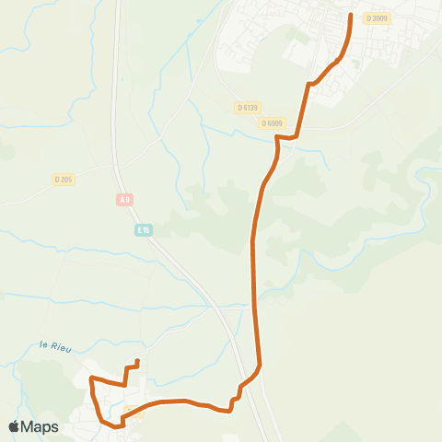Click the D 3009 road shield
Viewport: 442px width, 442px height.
point(377,17)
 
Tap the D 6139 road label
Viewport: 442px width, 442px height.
point(247,108)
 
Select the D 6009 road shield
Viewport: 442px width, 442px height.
point(272,122)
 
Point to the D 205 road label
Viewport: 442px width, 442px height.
point(64,180)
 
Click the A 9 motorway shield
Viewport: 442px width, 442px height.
point(124,198)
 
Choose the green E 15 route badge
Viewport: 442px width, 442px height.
point(143,229)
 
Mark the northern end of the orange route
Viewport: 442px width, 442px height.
point(351,15)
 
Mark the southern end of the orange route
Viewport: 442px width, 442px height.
point(137,361)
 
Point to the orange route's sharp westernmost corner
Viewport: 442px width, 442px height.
point(89,378)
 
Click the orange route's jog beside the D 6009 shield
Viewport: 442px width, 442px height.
point(278,138)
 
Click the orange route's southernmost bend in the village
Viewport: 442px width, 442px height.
point(118,425)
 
